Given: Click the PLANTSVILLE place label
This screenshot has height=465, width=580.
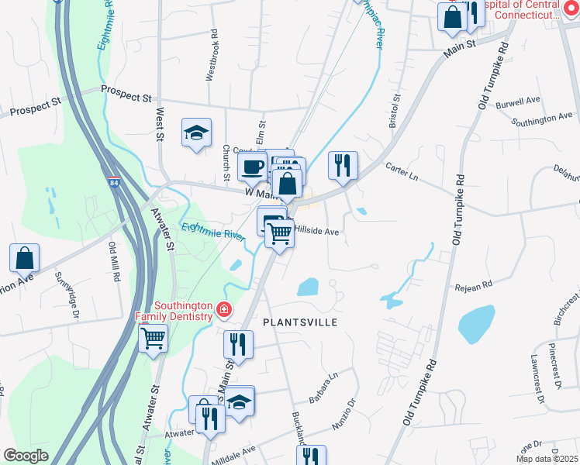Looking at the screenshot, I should pos(300,322).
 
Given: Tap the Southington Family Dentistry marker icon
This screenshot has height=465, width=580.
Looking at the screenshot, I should pos(223,311).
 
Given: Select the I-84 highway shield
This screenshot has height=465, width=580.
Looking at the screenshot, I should pos(115,183).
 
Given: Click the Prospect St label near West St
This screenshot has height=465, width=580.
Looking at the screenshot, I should pos(126,98).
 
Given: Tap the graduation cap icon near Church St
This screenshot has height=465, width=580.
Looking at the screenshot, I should pos(196,133).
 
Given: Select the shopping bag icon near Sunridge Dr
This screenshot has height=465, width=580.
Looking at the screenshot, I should pos(24,257).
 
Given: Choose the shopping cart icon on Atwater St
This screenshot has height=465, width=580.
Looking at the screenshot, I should pos(153,338).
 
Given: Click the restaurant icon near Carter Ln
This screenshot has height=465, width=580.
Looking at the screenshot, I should pos(343,164).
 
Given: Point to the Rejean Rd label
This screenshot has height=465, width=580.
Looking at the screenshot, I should pos(474,286).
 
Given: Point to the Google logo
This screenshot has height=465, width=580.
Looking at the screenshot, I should pos(25,456).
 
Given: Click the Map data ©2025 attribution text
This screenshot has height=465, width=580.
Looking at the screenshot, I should pos(547,459).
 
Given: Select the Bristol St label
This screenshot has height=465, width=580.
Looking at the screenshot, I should pos(395,111).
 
